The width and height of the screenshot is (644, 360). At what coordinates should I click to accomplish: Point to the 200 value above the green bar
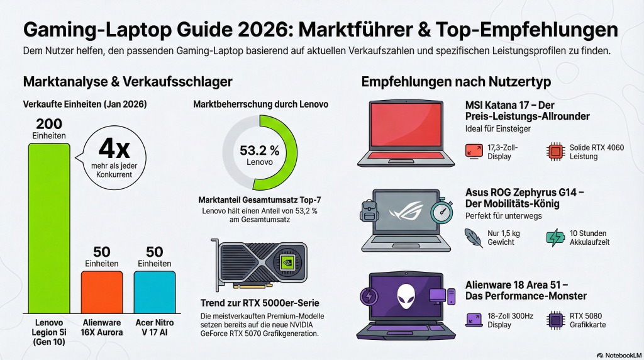pyautogui.click(x=48, y=123)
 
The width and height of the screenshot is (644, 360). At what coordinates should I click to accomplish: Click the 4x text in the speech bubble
pyautogui.click(x=114, y=149)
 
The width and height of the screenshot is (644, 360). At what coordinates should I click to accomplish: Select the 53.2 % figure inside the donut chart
pyautogui.click(x=260, y=150)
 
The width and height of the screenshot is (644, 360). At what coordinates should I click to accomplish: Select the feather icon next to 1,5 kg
pyautogui.click(x=474, y=237)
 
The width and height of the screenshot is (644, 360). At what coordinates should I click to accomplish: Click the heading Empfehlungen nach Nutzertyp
pyautogui.click(x=456, y=82)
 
